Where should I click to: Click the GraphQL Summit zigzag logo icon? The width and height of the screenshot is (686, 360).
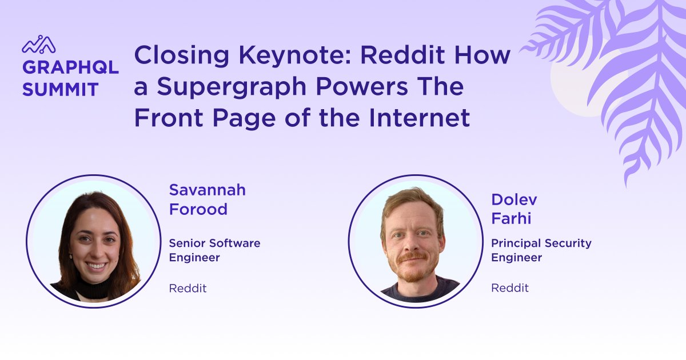pos(39,45)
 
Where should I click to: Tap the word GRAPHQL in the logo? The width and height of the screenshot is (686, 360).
pos(70,67)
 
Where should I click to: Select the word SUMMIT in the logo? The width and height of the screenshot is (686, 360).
pos(60,89)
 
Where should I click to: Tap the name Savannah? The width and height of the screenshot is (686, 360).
pos(207,190)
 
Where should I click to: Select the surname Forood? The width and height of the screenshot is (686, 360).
pos(198,209)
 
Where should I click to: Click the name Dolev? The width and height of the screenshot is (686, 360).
pos(514,199)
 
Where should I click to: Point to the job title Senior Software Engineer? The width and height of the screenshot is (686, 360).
pos(214,250)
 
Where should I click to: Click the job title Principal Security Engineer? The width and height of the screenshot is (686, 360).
pos(541,250)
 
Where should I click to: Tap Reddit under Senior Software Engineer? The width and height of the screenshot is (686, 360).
pos(188,289)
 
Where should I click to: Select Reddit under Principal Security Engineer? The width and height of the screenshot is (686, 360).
pos(510,288)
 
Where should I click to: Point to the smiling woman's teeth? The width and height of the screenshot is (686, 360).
pos(96,266)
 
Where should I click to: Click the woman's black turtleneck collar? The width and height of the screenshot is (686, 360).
pos(94,289)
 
